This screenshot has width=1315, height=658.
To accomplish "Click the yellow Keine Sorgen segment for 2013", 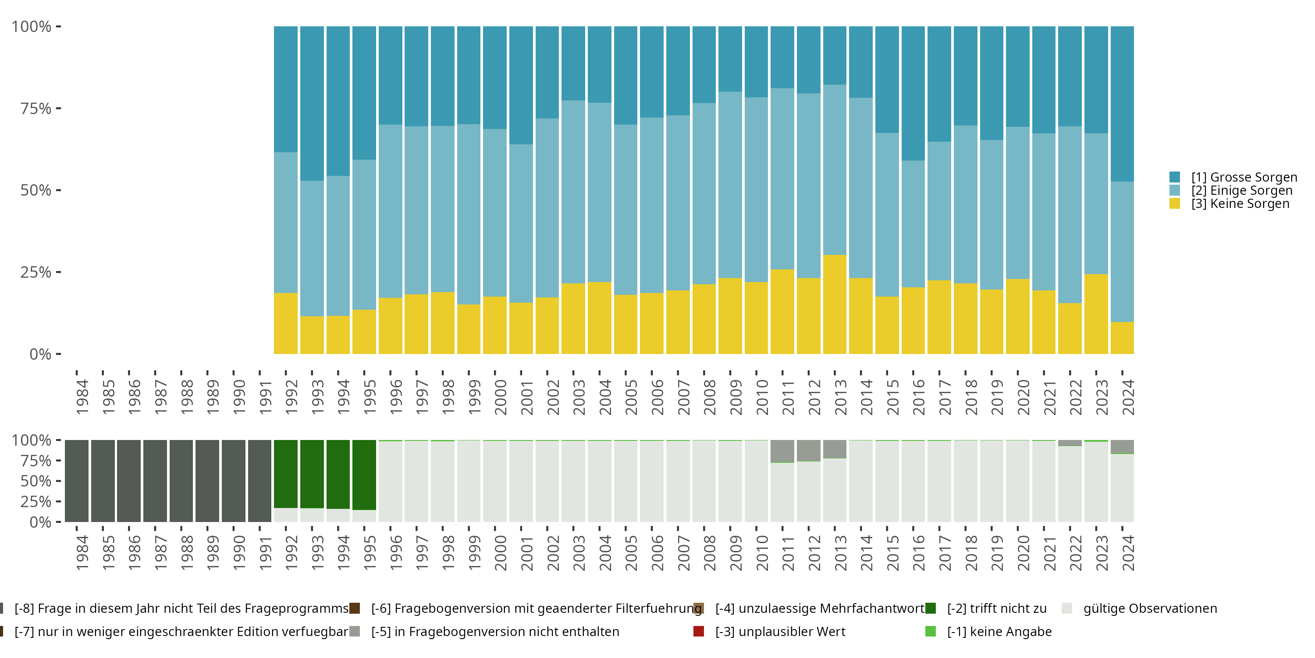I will pyautogui.click(x=835, y=304).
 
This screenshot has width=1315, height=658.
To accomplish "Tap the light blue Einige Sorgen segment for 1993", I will pyautogui.click(x=312, y=248).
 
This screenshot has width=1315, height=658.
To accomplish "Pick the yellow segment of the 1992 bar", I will pyautogui.click(x=286, y=323).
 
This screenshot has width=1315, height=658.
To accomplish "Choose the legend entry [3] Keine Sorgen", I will pyautogui.click(x=1240, y=204).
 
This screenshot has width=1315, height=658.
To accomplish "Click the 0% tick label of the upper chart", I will pyautogui.click(x=40, y=354).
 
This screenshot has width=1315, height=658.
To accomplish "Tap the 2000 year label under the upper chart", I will pyautogui.click(x=500, y=397).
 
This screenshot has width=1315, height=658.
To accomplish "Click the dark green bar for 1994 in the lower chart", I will pyautogui.click(x=338, y=474).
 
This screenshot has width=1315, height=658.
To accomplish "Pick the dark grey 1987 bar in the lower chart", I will pyautogui.click(x=155, y=481).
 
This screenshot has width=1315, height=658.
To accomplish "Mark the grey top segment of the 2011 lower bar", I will pyautogui.click(x=782, y=451).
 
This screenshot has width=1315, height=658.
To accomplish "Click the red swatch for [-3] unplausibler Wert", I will pyautogui.click(x=699, y=631).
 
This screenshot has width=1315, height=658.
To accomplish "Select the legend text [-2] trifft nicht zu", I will pyautogui.click(x=996, y=608).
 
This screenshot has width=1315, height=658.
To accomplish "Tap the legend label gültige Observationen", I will pyautogui.click(x=1150, y=608).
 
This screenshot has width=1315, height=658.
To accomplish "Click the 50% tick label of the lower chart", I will pyautogui.click(x=36, y=481).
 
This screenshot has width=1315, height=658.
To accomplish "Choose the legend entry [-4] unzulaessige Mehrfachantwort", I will pyautogui.click(x=819, y=608).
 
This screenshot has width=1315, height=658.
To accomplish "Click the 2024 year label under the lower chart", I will pyautogui.click(x=1128, y=553).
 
